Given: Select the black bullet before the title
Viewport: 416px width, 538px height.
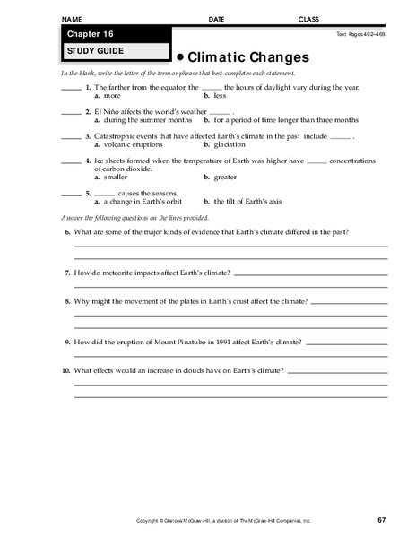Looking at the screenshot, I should [x=178, y=56].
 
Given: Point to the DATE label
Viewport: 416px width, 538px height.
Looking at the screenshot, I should [x=216, y=19].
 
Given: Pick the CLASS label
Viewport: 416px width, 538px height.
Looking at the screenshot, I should [x=308, y=19].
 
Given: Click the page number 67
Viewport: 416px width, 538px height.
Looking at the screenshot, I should [x=381, y=521].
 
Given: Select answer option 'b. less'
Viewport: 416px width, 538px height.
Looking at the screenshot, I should [x=215, y=94].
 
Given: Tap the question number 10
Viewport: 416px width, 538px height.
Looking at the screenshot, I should [x=65, y=370].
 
